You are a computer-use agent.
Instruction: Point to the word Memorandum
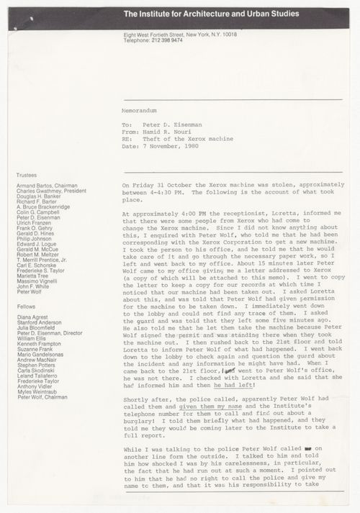(x=139, y=112)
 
